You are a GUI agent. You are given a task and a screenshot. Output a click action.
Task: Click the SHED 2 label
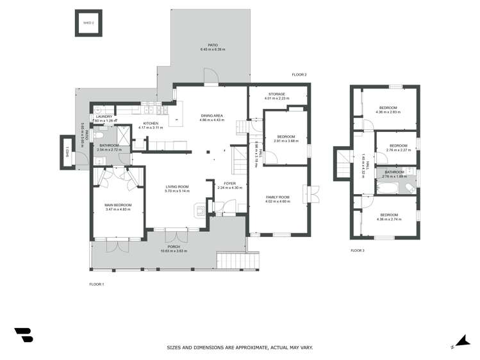click(88, 23)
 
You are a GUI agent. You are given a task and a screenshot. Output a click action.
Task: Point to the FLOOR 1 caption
click(96, 283)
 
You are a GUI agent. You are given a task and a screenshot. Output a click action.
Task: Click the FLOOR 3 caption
click(357, 250)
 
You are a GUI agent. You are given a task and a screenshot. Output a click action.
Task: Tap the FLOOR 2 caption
click(299, 75)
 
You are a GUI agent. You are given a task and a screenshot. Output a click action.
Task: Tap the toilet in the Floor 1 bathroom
click(98, 136)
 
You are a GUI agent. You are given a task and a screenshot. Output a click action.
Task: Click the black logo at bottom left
click(24, 334)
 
